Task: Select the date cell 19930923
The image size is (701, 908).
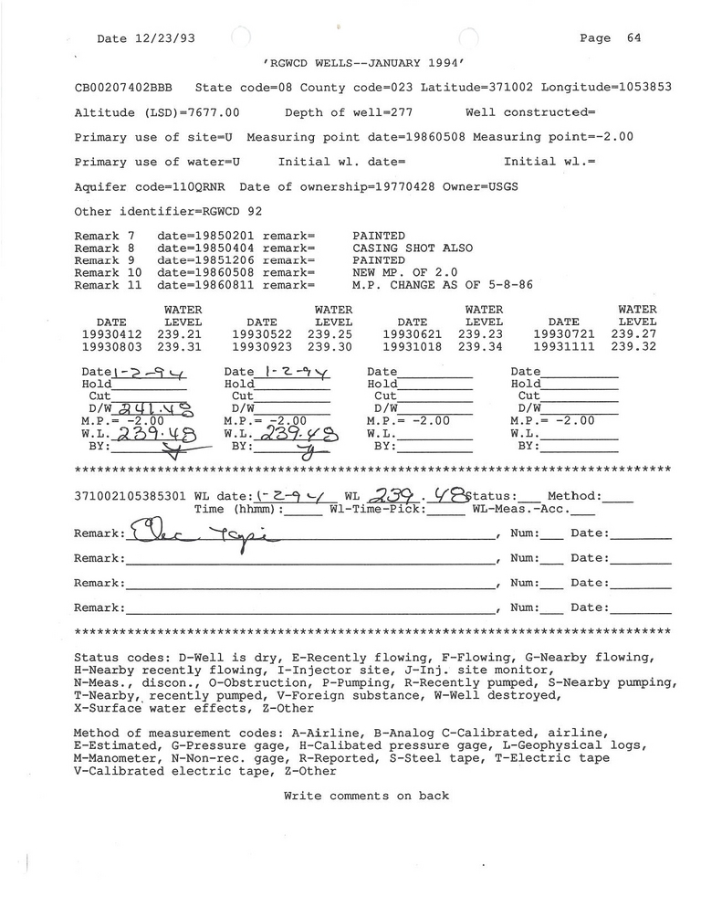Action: click(262, 347)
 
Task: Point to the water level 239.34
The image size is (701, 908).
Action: click(484, 347)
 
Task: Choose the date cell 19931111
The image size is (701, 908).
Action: click(563, 347)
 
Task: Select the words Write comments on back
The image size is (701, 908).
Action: click(366, 796)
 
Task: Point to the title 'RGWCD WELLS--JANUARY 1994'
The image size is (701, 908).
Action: click(364, 63)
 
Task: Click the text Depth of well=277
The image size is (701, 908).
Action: click(349, 112)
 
